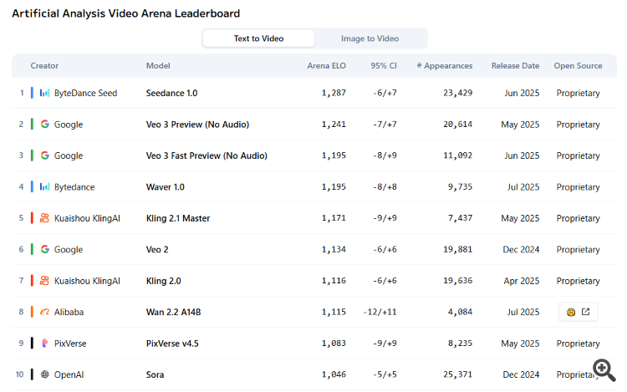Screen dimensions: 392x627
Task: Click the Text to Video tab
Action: coord(258,38)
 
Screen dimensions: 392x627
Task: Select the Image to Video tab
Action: coord(370,38)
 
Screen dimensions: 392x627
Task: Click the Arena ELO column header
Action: coord(326,65)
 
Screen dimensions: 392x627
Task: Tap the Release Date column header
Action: coord(516,65)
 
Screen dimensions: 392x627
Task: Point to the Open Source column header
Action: coord(578,65)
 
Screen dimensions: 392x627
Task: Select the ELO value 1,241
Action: coord(334,125)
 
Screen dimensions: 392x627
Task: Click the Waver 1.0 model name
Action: coord(166,187)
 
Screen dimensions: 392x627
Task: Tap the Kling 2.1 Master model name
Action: coord(178,218)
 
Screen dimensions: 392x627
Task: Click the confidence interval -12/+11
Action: coord(380,312)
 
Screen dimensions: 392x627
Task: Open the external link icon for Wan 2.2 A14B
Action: coord(586,312)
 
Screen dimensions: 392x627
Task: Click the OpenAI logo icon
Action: coord(45,374)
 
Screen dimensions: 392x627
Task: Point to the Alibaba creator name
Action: coord(69,312)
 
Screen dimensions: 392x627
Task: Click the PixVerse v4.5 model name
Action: coord(172,344)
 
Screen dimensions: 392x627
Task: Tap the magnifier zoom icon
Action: coord(603,369)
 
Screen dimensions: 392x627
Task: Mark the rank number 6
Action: coord(22,249)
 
